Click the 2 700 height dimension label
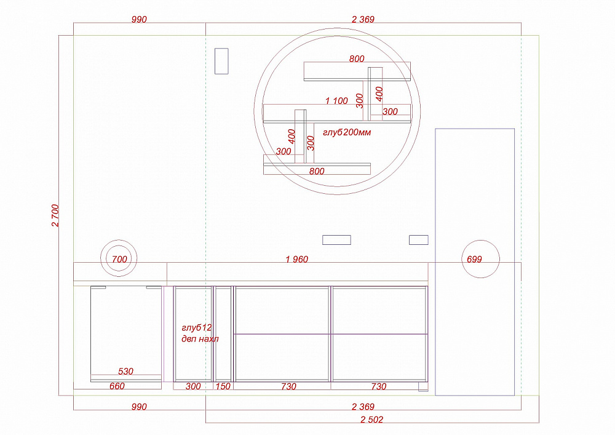coord(55,215)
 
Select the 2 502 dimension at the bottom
coord(372,420)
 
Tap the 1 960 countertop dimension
coord(297,259)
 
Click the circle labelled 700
coord(119,240)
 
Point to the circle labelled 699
coord(480,241)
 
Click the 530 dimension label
coord(126,371)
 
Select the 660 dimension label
coord(117,386)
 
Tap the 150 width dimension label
coord(223,386)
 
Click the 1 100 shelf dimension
coord(336,101)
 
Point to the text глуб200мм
coord(347,132)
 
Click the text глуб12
coord(197,327)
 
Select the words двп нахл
coord(200,338)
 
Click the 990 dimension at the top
coord(139,19)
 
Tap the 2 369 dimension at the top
coord(363,19)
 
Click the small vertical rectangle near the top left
coord(221,61)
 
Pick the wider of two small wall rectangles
coord(336,240)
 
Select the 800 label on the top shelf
coord(357,59)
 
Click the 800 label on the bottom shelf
coord(317,171)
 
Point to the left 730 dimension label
coord(288,386)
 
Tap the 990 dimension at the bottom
coord(139,407)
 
